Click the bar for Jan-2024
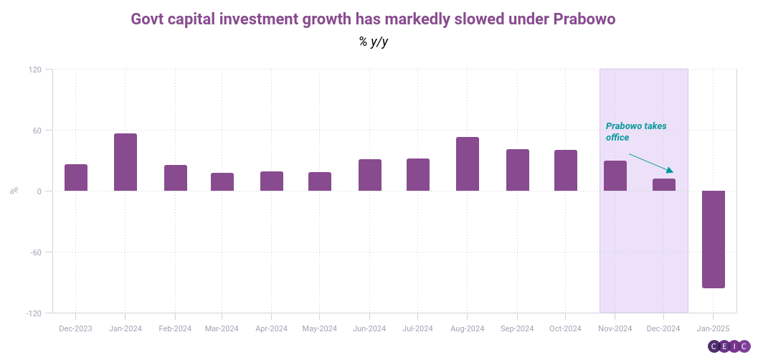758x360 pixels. pos(125,162)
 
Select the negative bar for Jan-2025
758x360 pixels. pos(713,239)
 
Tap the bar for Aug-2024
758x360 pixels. pos(468,164)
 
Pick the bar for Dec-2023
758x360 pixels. pos(76,178)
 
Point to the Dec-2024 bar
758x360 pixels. pos(664,185)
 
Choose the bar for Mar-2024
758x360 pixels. pos(222,182)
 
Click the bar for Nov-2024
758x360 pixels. pos(615,176)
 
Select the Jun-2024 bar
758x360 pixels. pos(370,175)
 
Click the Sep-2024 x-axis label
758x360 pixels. pos(516,328)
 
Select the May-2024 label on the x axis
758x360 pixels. pos(320,328)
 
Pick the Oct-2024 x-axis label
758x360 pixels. pos(565,328)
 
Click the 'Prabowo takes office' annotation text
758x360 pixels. pos(635,131)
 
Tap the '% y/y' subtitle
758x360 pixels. pos(374,42)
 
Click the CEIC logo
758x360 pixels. pos(729,346)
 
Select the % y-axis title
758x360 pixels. pos(14,191)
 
